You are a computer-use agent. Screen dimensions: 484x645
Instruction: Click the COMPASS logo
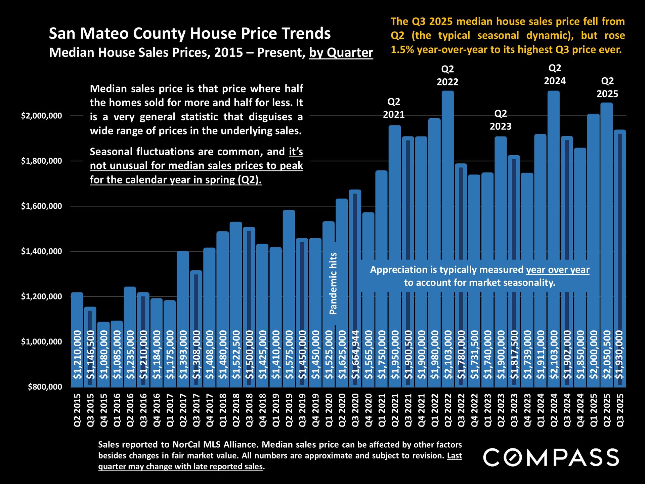(x=551, y=457)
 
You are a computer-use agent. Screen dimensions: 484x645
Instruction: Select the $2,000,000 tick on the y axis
(x=42, y=116)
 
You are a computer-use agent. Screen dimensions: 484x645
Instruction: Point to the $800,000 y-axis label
(x=45, y=387)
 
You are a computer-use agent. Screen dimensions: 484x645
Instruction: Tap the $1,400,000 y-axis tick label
(x=42, y=251)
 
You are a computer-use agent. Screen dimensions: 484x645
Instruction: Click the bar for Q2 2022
(x=447, y=235)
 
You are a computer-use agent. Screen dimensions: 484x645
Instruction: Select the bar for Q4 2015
(x=103, y=353)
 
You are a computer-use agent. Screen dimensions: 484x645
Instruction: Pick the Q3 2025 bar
(x=620, y=255)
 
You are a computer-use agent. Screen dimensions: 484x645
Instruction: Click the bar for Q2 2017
(x=183, y=316)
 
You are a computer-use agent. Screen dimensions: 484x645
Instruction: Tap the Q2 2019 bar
(x=289, y=296)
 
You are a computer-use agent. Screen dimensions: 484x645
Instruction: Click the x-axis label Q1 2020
(x=329, y=410)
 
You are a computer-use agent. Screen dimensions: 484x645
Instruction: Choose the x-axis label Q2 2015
(x=77, y=410)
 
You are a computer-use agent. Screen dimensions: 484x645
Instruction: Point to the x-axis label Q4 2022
(x=474, y=410)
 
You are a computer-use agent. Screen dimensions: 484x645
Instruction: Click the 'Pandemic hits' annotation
(x=333, y=283)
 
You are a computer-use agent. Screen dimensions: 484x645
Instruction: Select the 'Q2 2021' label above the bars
(x=394, y=108)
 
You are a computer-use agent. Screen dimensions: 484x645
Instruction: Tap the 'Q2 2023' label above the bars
(x=501, y=120)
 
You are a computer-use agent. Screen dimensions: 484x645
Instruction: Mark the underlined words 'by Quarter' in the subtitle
(x=341, y=53)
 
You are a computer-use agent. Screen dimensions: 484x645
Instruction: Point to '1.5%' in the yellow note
(x=402, y=50)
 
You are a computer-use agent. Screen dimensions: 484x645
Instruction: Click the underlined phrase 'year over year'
(x=558, y=270)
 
